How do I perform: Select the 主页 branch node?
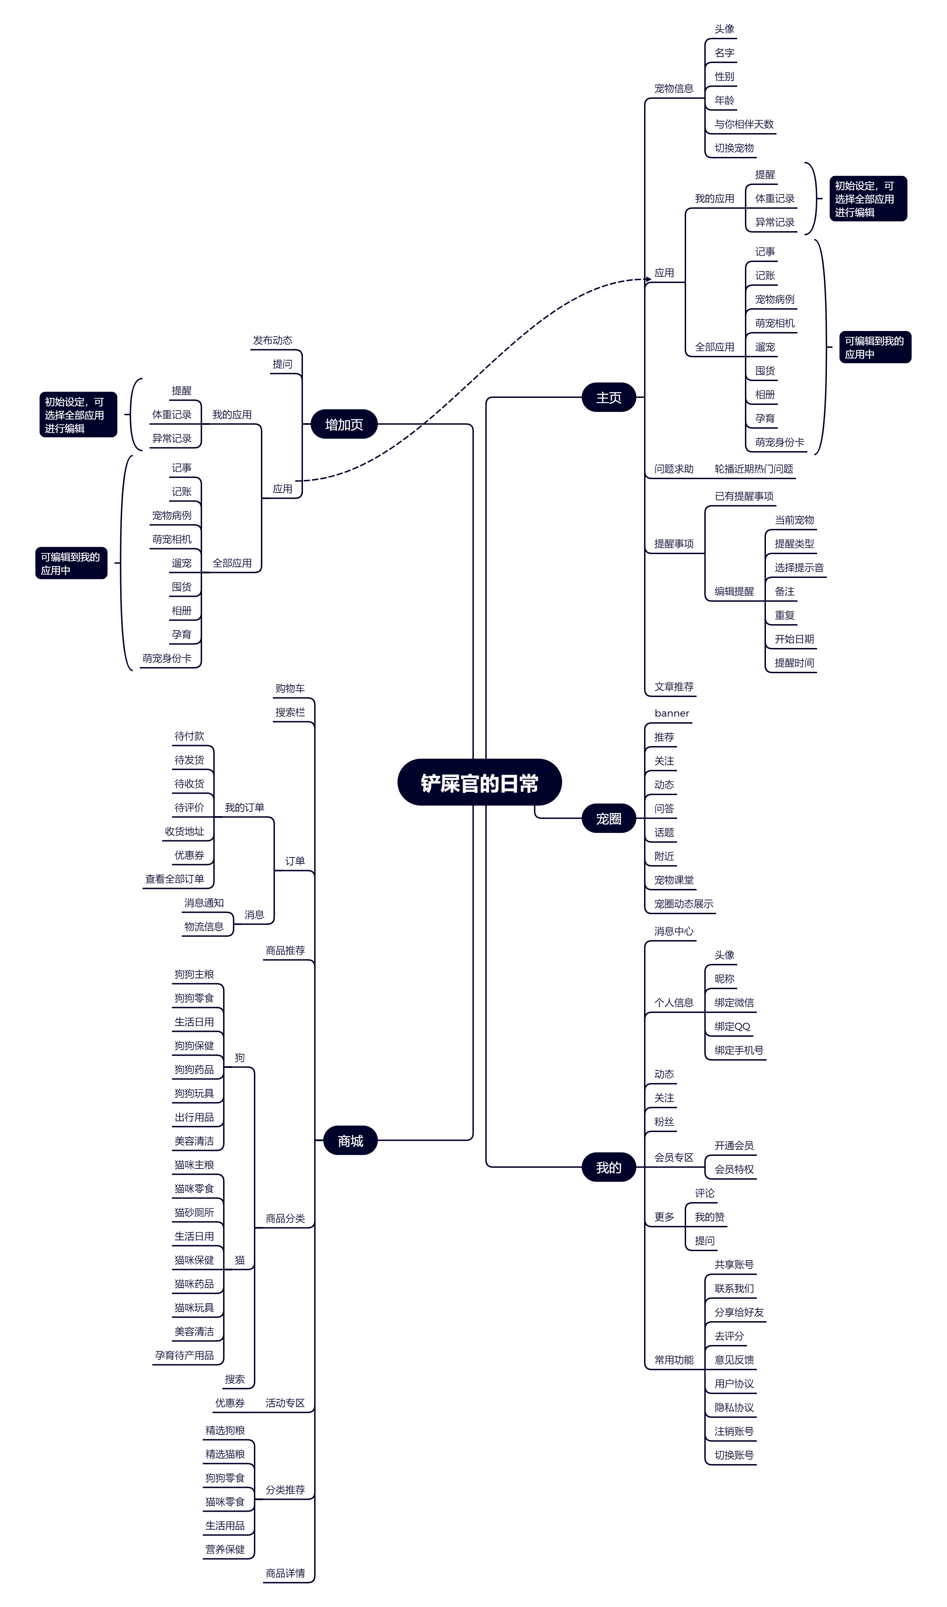coord(609,398)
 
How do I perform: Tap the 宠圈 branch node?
coord(609,819)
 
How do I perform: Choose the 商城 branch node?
coord(350,1140)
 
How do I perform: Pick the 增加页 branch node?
coord(344,425)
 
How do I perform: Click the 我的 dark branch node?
coord(609,1167)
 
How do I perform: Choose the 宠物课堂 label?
coord(674,880)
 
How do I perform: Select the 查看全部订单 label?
coord(175,879)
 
